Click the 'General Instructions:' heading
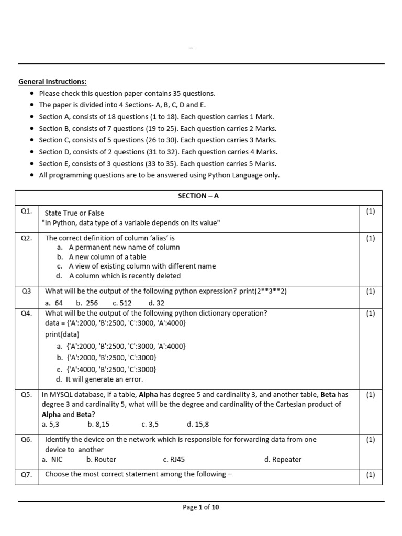[52, 82]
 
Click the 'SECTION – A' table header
[198, 196]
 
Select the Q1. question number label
[27, 211]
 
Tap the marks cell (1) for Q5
[371, 395]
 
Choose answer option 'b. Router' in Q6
[101, 460]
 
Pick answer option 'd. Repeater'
[283, 460]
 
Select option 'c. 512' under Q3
[122, 303]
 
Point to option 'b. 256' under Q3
[86, 303]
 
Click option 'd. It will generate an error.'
[100, 379]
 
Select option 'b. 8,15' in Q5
[98, 425]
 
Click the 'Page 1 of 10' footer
[201, 507]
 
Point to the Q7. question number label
[27, 475]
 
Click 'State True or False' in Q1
[74, 213]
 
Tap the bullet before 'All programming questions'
[33, 175]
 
